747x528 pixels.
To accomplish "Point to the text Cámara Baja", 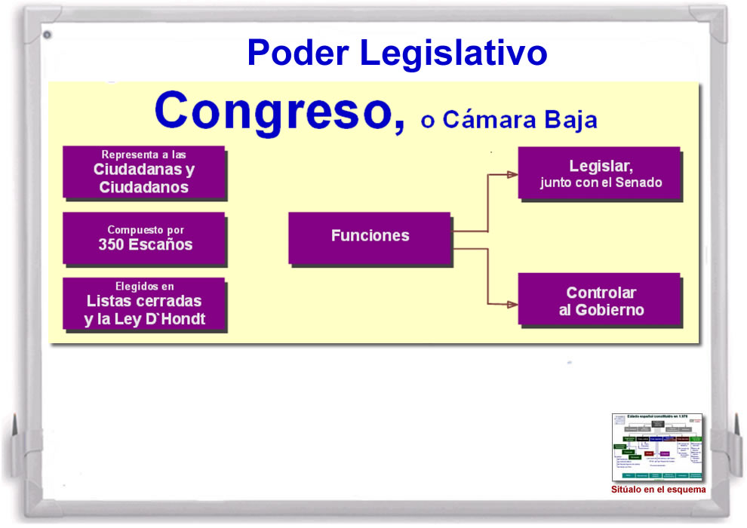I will click(520, 120).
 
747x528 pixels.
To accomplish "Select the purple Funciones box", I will click(370, 237).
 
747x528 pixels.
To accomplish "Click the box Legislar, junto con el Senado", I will click(600, 173).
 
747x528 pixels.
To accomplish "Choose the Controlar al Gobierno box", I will click(600, 299).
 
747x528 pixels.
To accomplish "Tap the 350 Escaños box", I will click(143, 238).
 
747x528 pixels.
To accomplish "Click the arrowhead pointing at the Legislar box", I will click(512, 174).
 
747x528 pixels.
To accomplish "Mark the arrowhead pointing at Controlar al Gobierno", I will click(512, 304).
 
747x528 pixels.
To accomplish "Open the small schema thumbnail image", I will click(657, 447).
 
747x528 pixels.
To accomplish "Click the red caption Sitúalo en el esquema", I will click(658, 490).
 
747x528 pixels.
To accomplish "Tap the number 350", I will click(112, 244).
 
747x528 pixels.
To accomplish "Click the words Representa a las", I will click(143, 155).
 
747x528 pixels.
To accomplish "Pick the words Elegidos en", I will click(144, 287).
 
